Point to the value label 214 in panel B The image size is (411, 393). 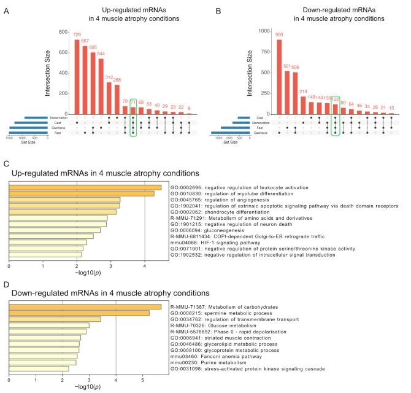point(302,91)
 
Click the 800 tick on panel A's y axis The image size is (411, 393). point(63,31)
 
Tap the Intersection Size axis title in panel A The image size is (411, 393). point(48,72)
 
